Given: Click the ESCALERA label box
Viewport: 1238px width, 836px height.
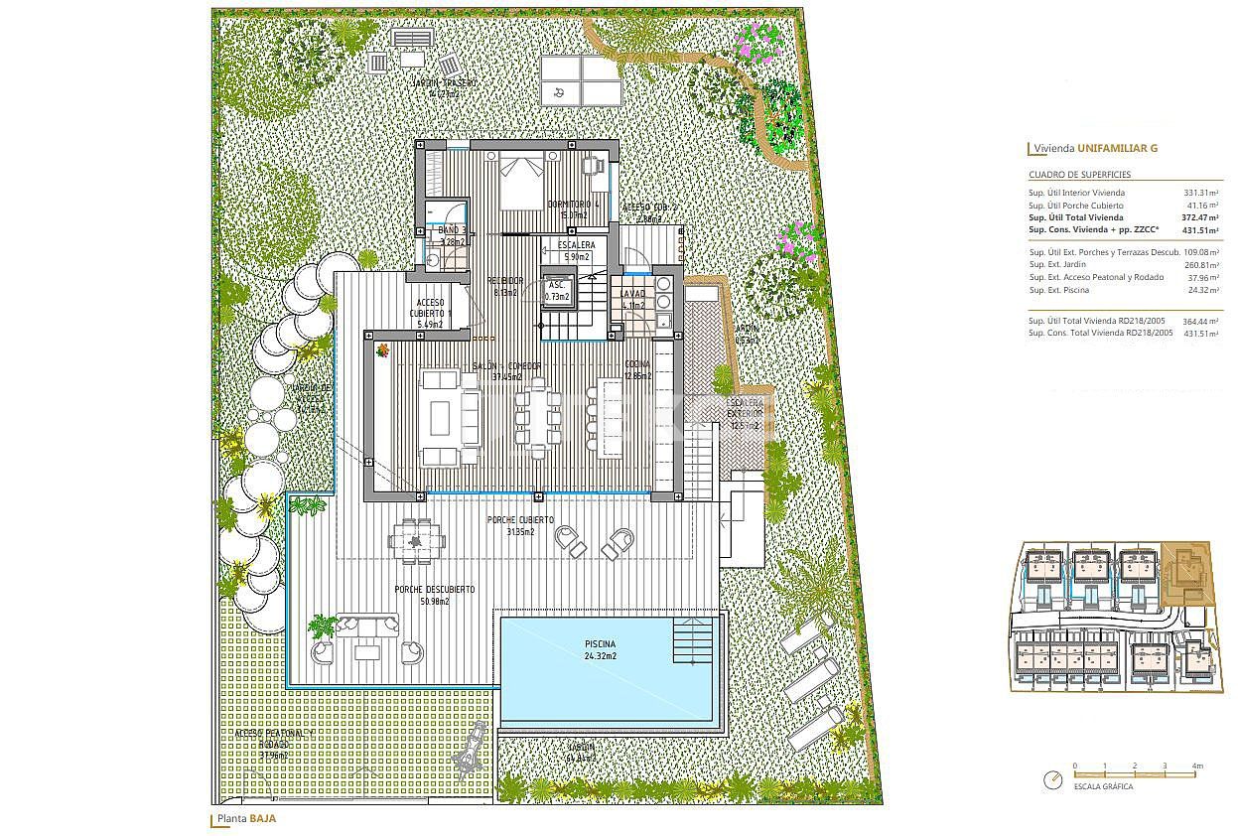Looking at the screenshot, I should coord(577,250).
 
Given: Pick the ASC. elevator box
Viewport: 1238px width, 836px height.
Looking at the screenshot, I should coord(557,289).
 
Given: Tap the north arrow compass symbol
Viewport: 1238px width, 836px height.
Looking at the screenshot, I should coord(1053,780).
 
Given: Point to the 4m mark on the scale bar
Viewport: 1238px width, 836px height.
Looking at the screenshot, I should coord(1197,766).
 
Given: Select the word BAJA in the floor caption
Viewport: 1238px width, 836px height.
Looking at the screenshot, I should coord(262,819).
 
